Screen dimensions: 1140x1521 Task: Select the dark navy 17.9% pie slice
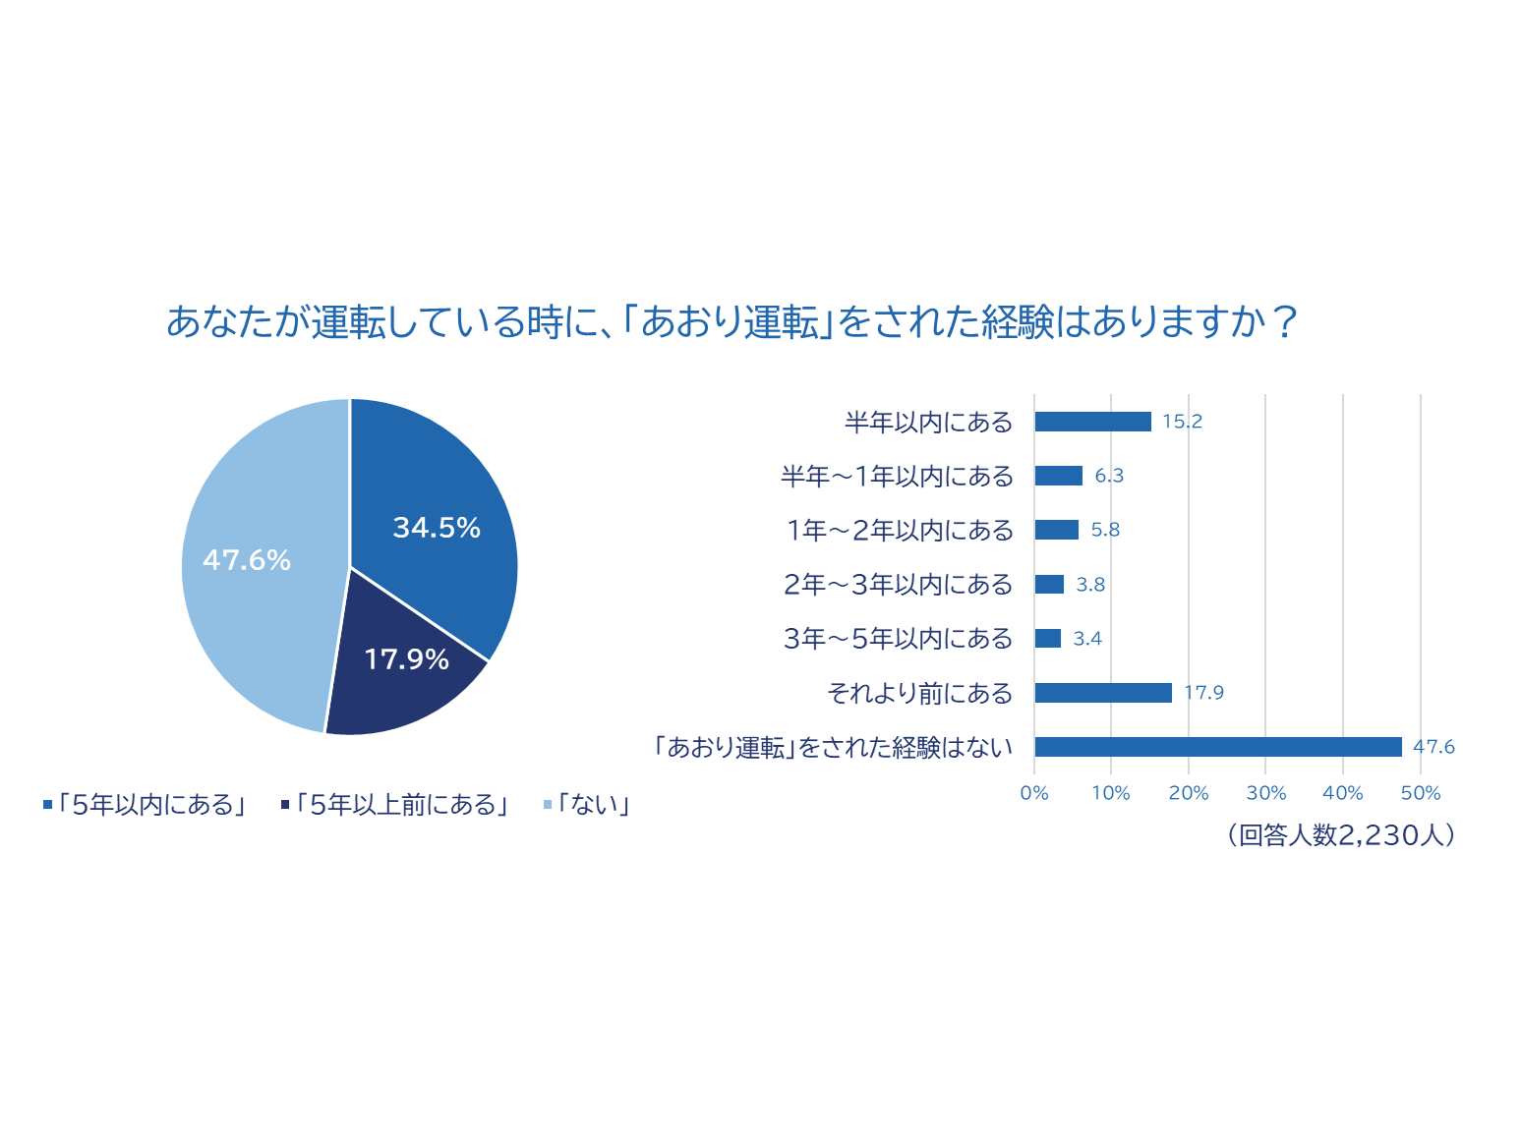[403, 678]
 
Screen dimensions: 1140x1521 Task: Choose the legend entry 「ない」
[587, 805]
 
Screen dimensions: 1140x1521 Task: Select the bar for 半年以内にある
[1092, 422]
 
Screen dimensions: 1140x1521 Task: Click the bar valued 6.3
[1059, 476]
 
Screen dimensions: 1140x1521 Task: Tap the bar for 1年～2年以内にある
[1057, 530]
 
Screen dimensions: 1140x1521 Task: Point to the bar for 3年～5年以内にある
[1048, 639]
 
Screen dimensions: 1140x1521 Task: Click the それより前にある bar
[1103, 693]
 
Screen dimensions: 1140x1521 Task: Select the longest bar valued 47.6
[1218, 747]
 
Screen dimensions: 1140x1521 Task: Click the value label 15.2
[1182, 422]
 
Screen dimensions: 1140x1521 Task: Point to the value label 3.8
[1090, 585]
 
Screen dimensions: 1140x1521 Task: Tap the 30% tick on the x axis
[1265, 793]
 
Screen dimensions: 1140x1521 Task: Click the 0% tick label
[1034, 793]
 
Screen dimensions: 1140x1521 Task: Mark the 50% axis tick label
[1421, 793]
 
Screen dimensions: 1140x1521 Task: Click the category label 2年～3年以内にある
[898, 585]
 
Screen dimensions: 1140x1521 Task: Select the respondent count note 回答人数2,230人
[1342, 835]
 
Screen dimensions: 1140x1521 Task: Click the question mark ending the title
[1284, 321]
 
